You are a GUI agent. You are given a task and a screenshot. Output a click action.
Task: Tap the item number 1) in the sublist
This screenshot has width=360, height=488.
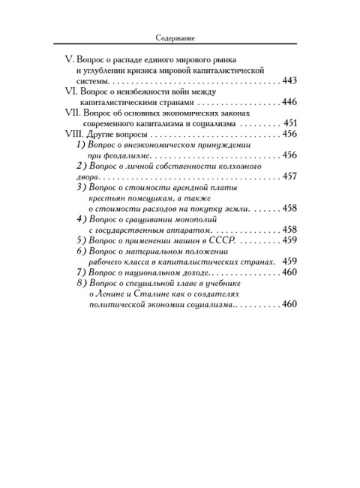click(82, 144)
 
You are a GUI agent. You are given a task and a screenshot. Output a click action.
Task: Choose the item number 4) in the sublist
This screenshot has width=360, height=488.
click(82, 218)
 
